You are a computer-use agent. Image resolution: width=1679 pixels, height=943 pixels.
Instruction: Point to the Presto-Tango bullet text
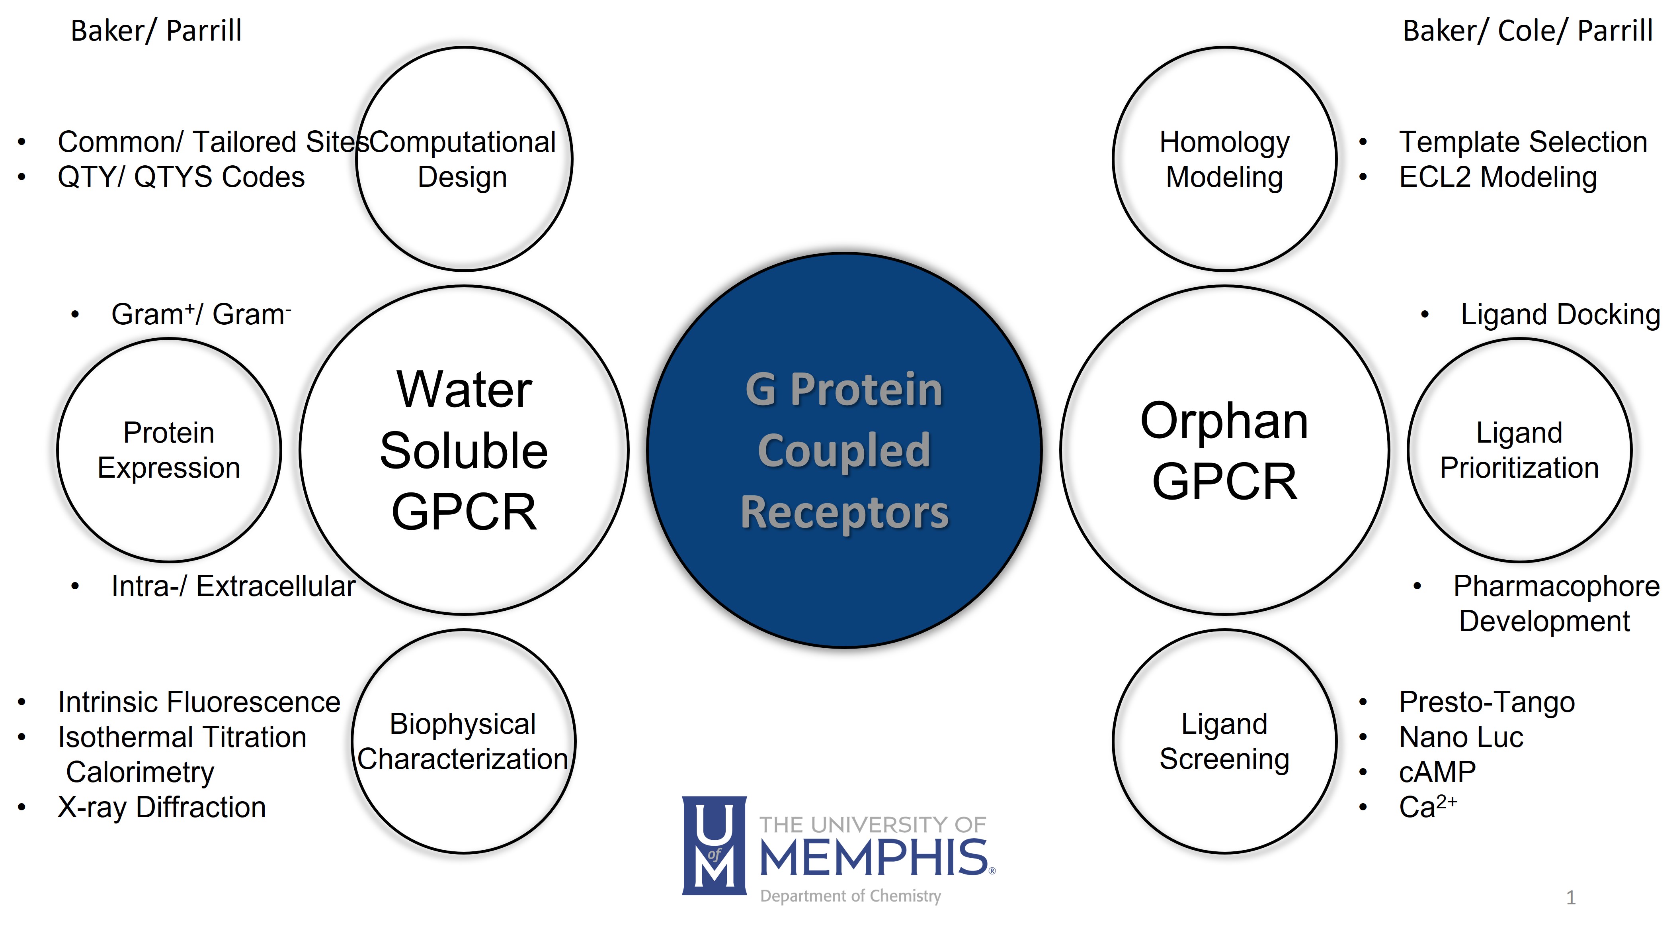pyautogui.click(x=1487, y=702)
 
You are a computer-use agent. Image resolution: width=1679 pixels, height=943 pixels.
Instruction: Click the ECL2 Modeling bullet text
pyautogui.click(x=1498, y=177)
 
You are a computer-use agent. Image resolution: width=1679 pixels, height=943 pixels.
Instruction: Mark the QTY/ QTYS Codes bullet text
pyautogui.click(x=181, y=177)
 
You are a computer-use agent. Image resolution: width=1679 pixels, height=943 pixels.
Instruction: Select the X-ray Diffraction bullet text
pyautogui.click(x=162, y=808)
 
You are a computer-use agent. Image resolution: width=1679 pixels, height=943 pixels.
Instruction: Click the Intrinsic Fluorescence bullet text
pyautogui.click(x=199, y=702)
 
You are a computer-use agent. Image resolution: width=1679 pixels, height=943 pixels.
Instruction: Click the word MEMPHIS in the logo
pyautogui.click(x=873, y=858)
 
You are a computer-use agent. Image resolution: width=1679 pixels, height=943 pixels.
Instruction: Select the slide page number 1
pyautogui.click(x=1571, y=898)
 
